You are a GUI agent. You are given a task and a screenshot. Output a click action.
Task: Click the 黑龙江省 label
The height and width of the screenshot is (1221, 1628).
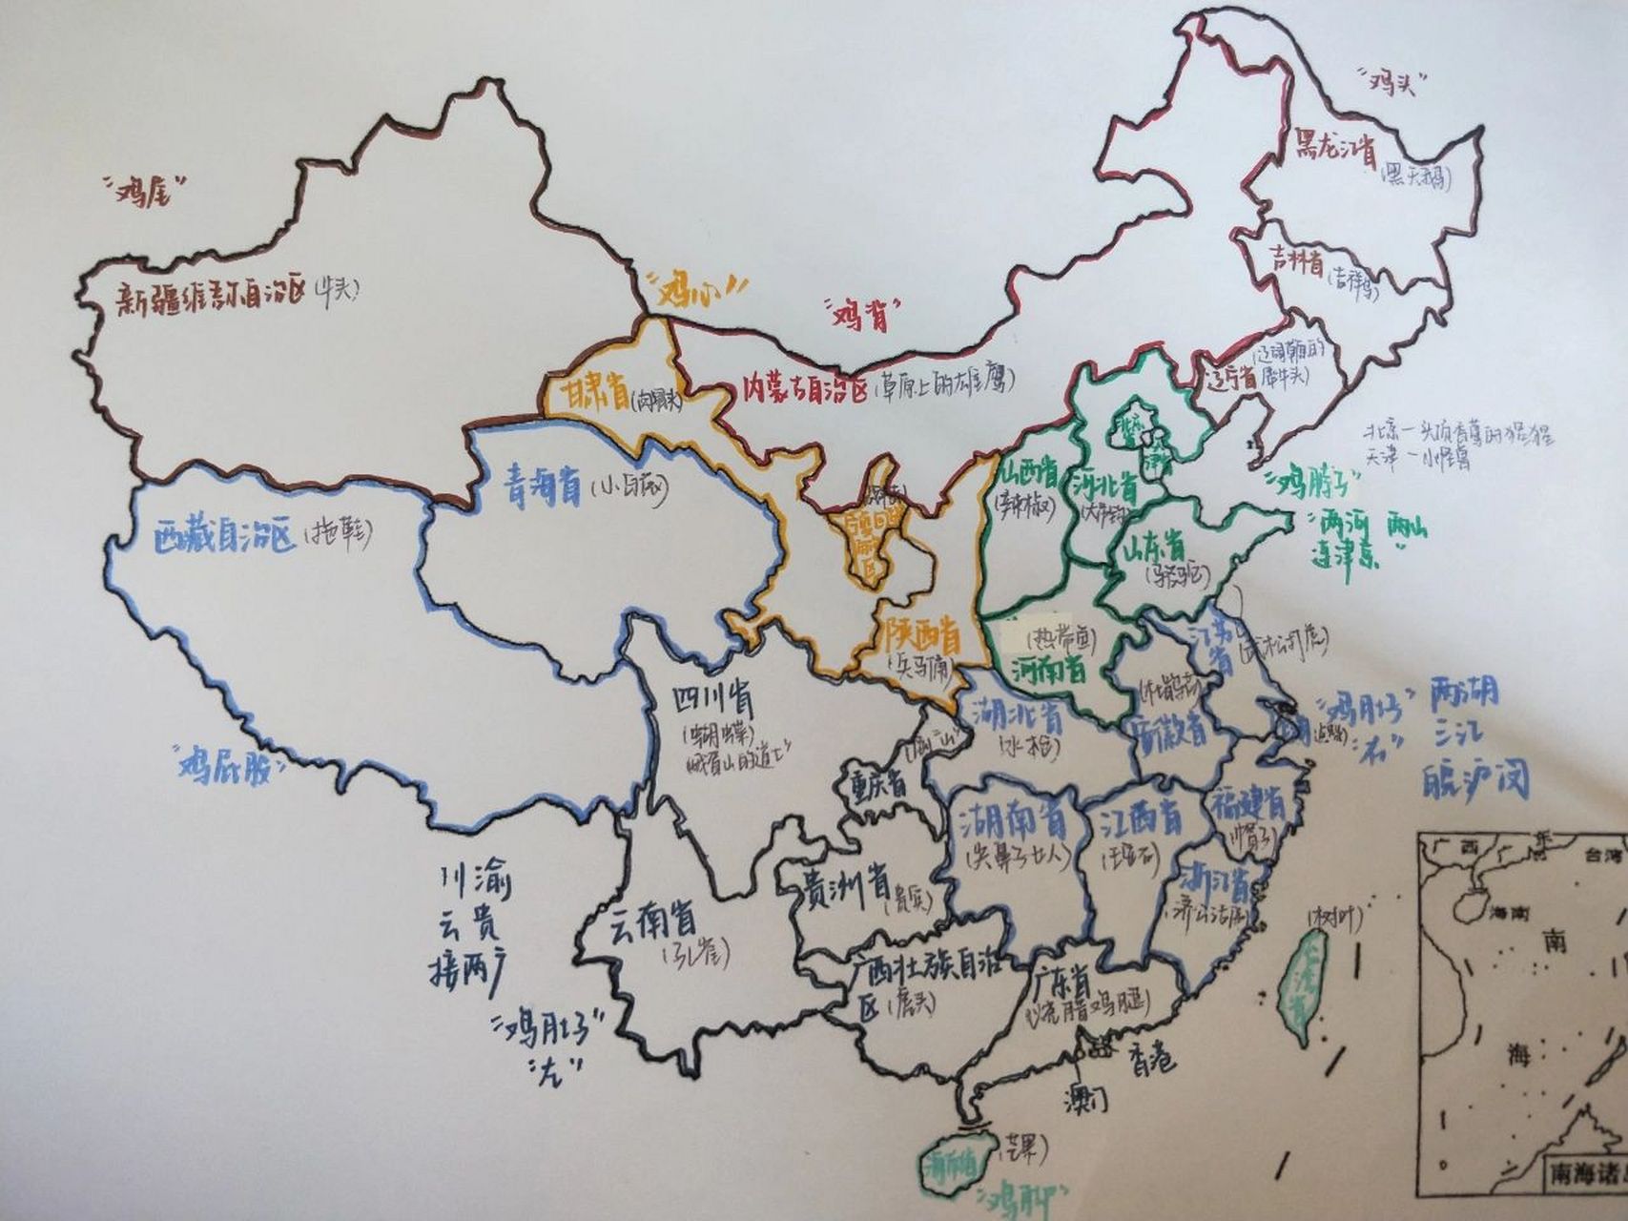(x=1333, y=151)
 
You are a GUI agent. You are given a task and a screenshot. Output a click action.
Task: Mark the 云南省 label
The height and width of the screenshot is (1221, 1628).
(x=653, y=921)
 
